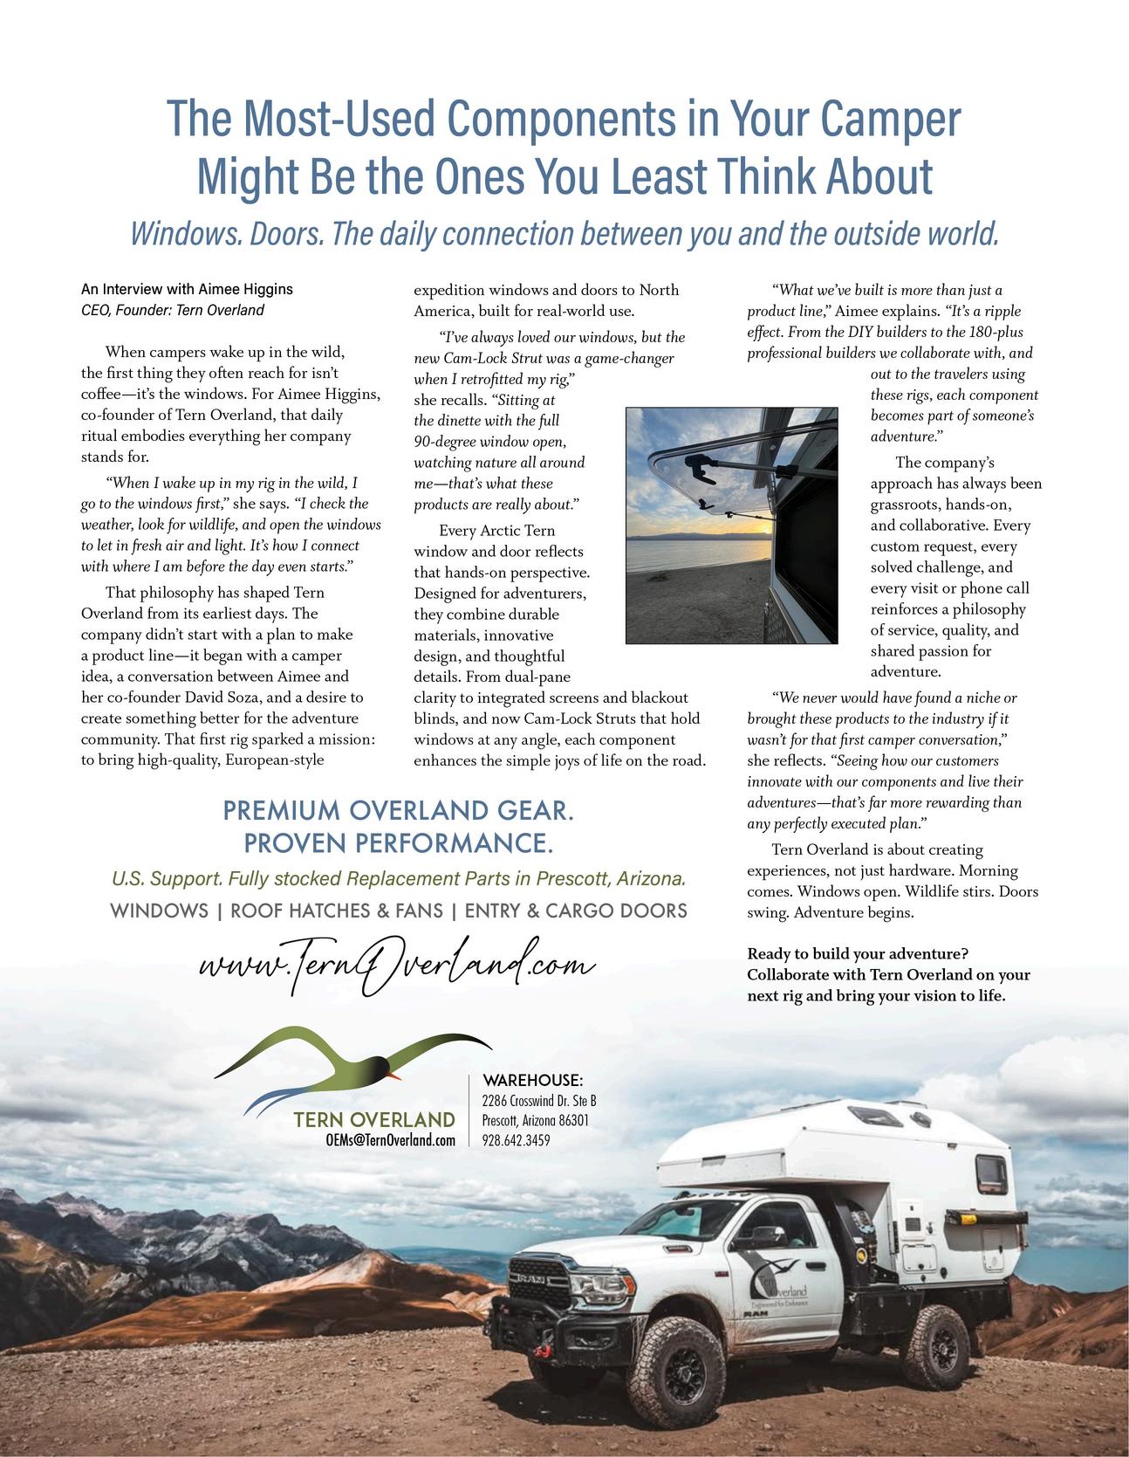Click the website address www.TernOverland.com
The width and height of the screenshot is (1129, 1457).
(397, 967)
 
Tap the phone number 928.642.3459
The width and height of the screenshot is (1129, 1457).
(516, 1140)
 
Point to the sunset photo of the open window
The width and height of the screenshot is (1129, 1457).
(731, 526)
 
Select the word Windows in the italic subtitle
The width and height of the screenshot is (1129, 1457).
(182, 234)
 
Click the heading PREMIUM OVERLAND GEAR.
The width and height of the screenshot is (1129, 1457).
(399, 811)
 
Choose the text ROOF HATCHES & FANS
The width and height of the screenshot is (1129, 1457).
(336, 911)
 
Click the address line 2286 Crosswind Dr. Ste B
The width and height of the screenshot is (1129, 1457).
(538, 1101)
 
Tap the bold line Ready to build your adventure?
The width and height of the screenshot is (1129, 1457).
(858, 953)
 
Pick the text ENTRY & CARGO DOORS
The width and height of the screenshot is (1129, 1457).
(576, 911)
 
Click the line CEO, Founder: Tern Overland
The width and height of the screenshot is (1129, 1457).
(173, 310)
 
